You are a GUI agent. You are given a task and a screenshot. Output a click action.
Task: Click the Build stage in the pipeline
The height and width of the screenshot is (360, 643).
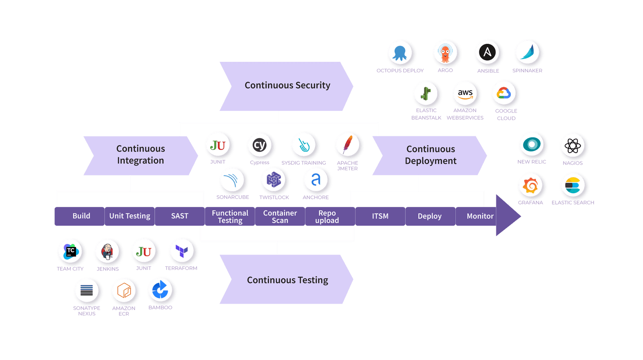[81, 216]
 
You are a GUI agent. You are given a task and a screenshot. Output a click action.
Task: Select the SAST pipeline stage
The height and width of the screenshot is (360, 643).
[180, 216]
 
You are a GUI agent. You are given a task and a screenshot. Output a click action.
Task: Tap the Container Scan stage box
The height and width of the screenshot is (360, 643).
[280, 217]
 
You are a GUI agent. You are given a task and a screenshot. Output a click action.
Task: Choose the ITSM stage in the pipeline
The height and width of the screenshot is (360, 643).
[380, 216]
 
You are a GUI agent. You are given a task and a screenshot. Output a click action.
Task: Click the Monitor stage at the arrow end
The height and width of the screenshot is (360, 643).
[480, 216]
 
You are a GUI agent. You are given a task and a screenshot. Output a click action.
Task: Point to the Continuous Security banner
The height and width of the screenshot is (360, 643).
[287, 86]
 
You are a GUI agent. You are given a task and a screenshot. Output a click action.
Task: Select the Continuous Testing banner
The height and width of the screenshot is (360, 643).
[287, 280]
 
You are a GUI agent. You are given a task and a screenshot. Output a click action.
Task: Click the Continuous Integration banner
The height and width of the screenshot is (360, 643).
[141, 155]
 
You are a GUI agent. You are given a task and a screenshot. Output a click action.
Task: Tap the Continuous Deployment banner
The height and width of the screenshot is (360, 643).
[430, 155]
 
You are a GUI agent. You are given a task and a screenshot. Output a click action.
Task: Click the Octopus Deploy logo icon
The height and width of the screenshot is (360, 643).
[400, 53]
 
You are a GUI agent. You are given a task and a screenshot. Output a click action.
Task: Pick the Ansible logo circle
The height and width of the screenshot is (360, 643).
[487, 53]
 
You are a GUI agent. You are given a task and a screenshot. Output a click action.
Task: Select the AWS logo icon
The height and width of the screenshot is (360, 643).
[465, 93]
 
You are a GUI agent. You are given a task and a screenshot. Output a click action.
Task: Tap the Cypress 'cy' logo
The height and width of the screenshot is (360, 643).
[260, 145]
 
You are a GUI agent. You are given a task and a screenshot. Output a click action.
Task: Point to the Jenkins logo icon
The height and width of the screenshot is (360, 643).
[107, 252]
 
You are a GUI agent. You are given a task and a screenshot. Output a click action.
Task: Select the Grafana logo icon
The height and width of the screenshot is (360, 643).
[530, 186]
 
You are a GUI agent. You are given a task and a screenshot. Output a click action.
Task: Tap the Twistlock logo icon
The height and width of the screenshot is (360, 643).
[274, 180]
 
